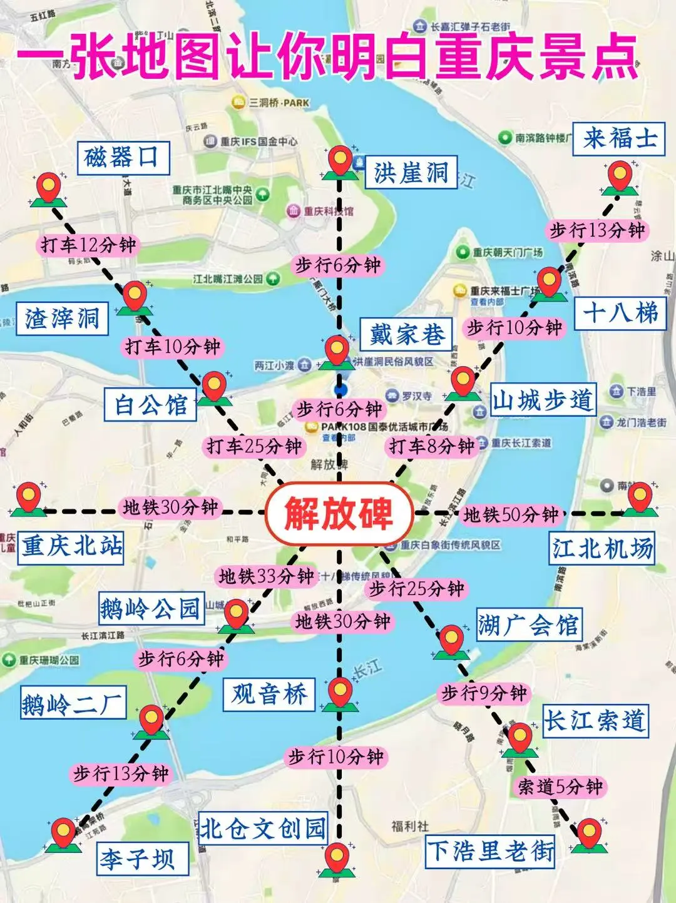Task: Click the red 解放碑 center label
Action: coord(339,514)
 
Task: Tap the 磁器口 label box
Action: coord(123,157)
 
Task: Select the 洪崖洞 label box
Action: coord(411,173)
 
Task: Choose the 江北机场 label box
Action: coord(602,549)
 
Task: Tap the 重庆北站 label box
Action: coord(71,546)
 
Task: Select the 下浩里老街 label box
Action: coord(490,851)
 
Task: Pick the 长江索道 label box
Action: coord(594,720)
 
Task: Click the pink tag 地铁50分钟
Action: coord(511,515)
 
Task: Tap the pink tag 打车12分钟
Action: coord(88,245)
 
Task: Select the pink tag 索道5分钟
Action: coord(560,786)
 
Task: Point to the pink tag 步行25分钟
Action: coord(416,589)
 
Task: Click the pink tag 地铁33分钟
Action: coord(266,576)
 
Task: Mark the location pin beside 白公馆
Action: coord(214,387)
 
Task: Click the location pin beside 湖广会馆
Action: coord(451,640)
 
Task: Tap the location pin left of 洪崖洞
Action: coord(341,162)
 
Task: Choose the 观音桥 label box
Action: coord(269,694)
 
